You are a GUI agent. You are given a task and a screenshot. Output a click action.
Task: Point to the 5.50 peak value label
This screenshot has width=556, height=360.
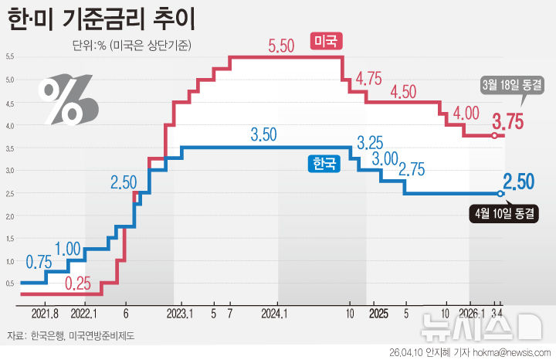coord(282,46)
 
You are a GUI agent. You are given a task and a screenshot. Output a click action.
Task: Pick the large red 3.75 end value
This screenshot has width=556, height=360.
coord(509,121)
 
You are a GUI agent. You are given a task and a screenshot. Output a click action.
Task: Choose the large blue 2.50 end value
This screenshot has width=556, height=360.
coord(518,182)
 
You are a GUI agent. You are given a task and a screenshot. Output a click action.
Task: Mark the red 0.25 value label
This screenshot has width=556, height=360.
coord(78,283)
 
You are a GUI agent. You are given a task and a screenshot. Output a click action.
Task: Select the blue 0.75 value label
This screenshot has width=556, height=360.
coord(38,262)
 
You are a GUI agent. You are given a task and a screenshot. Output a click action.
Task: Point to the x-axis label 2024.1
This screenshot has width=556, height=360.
coord(275,314)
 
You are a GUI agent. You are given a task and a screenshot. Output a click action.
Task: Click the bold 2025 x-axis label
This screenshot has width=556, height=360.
coord(378,314)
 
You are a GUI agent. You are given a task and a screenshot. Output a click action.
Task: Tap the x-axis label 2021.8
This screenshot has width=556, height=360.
coord(46,314)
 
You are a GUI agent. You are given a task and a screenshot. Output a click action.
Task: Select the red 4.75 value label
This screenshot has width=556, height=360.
coord(369,78)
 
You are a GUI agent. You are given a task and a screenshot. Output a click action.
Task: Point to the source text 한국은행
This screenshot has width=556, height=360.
coord(47,335)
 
